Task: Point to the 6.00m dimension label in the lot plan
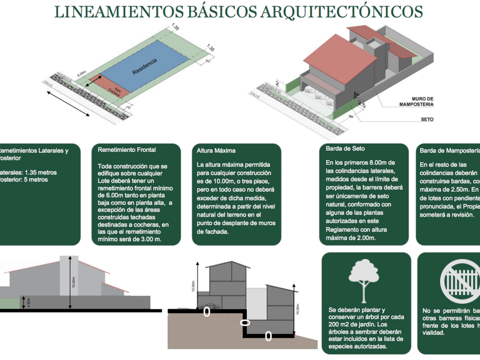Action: [82, 73]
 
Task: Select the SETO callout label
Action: [427, 119]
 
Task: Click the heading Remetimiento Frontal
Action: [127, 150]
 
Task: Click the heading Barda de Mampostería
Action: [449, 151]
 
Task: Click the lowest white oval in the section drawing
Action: [268, 337]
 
